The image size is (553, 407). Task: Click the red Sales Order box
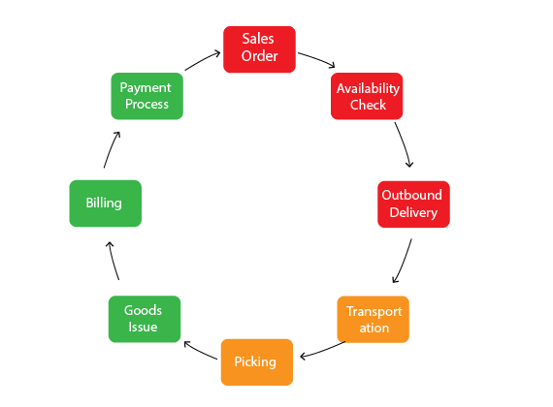pyautogui.click(x=259, y=49)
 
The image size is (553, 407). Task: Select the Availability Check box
pyautogui.click(x=367, y=96)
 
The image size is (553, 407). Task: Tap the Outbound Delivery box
pyautogui.click(x=413, y=204)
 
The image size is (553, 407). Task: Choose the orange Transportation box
pyautogui.click(x=374, y=319)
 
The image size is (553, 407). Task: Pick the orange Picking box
pyautogui.click(x=257, y=362)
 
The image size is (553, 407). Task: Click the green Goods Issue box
pyautogui.click(x=145, y=319)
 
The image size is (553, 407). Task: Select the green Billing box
pyautogui.click(x=106, y=203)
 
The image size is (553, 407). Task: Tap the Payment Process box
pyautogui.click(x=147, y=96)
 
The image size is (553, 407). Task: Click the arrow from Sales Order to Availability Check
pyautogui.click(x=317, y=59)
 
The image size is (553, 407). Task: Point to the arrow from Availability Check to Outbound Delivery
pyautogui.click(x=405, y=143)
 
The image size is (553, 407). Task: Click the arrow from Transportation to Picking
pyautogui.click(x=322, y=351)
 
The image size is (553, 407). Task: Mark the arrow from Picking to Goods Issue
pyautogui.click(x=200, y=350)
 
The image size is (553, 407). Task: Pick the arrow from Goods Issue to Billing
pyautogui.click(x=113, y=261)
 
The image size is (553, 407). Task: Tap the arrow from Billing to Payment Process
pyautogui.click(x=112, y=149)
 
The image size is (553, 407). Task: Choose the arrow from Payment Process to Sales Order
pyautogui.click(x=202, y=60)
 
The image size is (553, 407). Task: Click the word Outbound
pyautogui.click(x=412, y=195)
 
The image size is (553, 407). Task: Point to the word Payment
pyautogui.click(x=146, y=88)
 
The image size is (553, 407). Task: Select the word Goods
pyautogui.click(x=143, y=310)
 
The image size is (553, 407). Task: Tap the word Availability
pyautogui.click(x=369, y=88)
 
